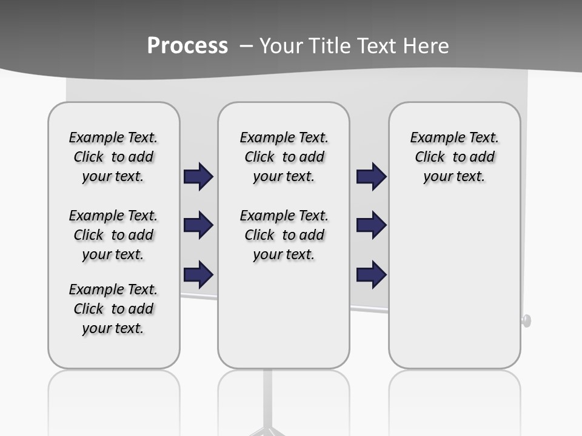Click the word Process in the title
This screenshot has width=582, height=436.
(x=187, y=45)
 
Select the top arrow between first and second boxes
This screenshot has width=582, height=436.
(x=198, y=176)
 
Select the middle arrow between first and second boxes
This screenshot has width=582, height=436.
(x=198, y=225)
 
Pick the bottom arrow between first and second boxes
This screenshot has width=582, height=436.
(x=198, y=274)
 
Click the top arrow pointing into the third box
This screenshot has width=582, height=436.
(x=371, y=176)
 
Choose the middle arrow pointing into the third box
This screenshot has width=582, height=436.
(x=371, y=225)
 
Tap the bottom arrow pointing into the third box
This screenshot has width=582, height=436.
(x=371, y=274)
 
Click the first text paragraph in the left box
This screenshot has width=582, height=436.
(x=113, y=157)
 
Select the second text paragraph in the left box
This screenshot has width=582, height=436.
(x=113, y=235)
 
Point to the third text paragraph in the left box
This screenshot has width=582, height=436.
(x=113, y=309)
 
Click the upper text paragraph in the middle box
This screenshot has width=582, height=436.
(x=284, y=157)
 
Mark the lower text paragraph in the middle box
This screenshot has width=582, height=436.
(x=284, y=235)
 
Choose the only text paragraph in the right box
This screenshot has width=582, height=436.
(x=454, y=157)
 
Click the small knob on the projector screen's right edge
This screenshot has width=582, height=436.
(x=526, y=320)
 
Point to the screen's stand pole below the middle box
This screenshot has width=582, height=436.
(x=267, y=400)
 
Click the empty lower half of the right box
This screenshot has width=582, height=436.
(x=454, y=291)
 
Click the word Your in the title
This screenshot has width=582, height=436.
(x=282, y=45)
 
